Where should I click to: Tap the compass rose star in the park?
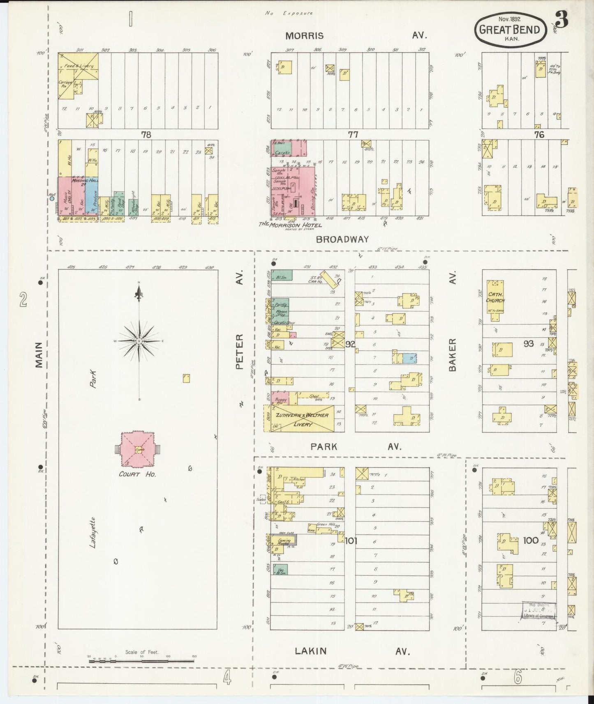(139, 341)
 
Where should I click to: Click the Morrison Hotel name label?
(290, 225)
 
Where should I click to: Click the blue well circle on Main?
(52, 198)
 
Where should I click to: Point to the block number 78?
(146, 134)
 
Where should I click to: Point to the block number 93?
(529, 343)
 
